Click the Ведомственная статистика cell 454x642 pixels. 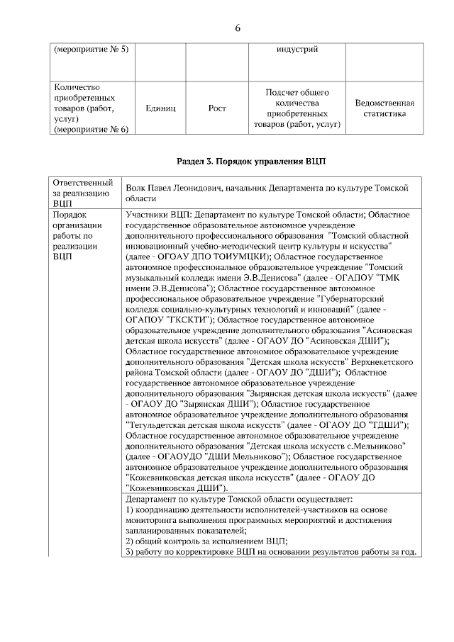click(x=384, y=108)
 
